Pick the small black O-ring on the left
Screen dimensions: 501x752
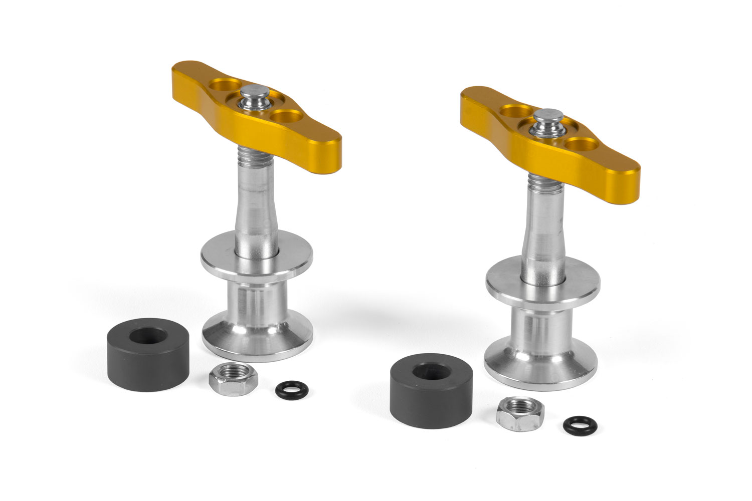285,388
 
